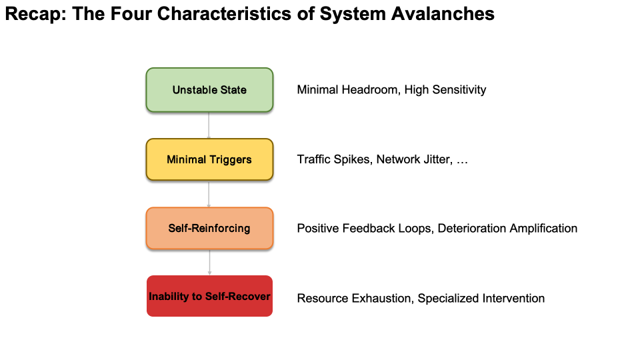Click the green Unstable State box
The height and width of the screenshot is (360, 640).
coord(209,89)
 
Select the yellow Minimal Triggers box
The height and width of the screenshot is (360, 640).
coord(209,159)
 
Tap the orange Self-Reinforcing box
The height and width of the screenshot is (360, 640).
coord(209,229)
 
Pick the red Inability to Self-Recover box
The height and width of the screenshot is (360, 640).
coord(209,296)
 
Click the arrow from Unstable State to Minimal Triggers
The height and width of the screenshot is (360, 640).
coord(209,125)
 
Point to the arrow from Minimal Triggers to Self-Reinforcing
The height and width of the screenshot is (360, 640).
coord(209,194)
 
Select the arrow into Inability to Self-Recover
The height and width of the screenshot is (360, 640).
coord(209,262)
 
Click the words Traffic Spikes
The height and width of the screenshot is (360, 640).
coord(333,160)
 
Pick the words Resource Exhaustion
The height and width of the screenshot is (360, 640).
coord(354,298)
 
